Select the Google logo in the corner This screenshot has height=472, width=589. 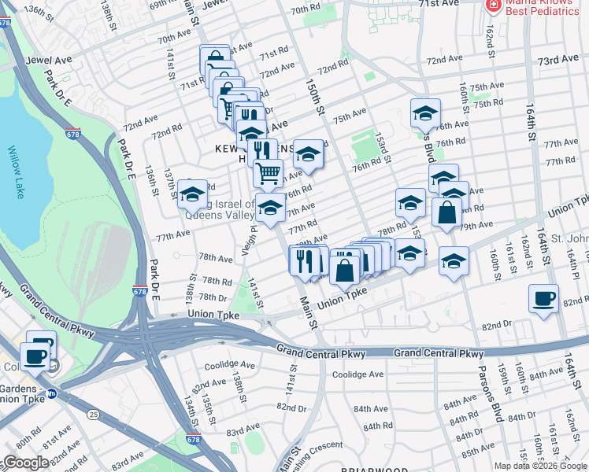click(x=26, y=463)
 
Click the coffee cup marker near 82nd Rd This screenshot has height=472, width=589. click(x=543, y=299)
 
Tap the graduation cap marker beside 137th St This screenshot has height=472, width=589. click(x=192, y=193)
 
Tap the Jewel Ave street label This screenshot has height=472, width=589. click(x=49, y=60)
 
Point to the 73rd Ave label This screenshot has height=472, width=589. click(x=558, y=61)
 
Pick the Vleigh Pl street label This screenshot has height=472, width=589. click(x=252, y=233)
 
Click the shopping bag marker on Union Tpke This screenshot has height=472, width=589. click(x=345, y=269)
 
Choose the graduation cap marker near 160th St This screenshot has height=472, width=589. click(x=454, y=261)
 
